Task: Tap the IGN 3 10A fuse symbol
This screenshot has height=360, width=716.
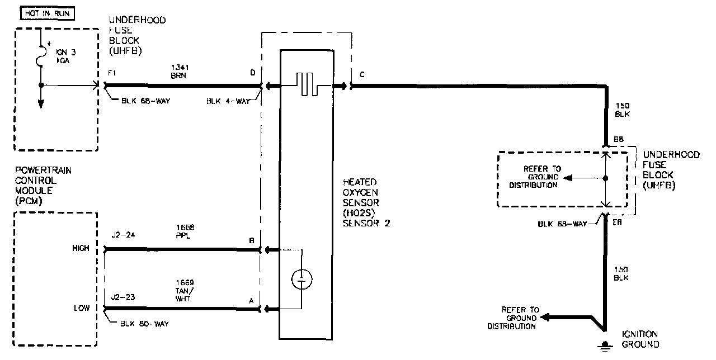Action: [x=41, y=56]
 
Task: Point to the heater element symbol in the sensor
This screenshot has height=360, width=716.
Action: [x=308, y=85]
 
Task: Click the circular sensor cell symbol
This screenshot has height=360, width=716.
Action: [x=302, y=278]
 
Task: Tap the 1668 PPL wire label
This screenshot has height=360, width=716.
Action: [x=185, y=231]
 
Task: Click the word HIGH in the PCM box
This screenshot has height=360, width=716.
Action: [x=81, y=248]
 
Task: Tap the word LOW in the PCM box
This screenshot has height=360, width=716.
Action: [x=82, y=308]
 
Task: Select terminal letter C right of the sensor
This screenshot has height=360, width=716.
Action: [x=363, y=73]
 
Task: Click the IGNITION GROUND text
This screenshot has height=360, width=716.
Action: [x=640, y=339]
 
